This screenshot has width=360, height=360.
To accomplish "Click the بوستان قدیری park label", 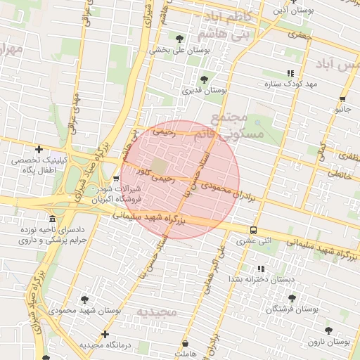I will tap(204, 91).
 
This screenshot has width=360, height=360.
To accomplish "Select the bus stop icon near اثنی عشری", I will tap(253, 230).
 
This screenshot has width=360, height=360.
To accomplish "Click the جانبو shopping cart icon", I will tap(342, 99).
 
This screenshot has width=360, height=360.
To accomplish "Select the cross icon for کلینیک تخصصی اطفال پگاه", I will tap(39, 149).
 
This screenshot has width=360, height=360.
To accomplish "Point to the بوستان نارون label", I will tap(329, 342).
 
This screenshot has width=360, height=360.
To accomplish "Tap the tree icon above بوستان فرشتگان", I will tap(292, 298).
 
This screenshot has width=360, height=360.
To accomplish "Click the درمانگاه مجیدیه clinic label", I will tap(106, 345).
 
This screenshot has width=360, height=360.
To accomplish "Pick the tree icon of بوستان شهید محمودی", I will tap(85, 300).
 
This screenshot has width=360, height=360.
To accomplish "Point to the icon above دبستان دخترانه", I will tap(260, 269).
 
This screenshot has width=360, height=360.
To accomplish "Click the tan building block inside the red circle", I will tap(160, 167).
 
